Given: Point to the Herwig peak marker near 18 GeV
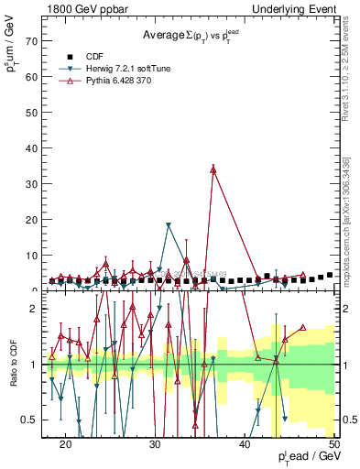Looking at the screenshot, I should pyautogui.click(x=169, y=225).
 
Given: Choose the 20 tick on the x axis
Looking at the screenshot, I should pyautogui.click(x=65, y=444).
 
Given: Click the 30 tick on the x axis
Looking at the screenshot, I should pyautogui.click(x=155, y=444).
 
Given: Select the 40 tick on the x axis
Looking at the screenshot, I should pyautogui.click(x=245, y=444).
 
